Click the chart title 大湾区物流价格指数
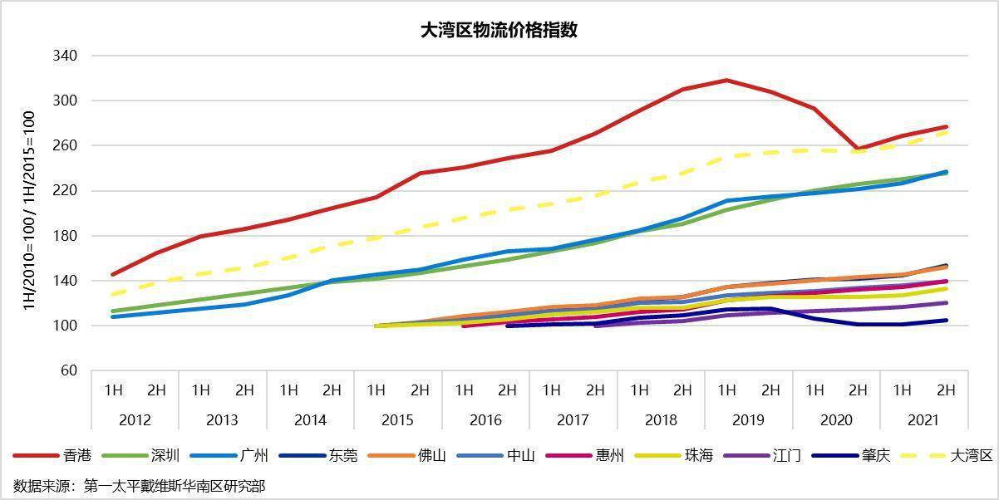[499, 31]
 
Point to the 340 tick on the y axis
[65, 56]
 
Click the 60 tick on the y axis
[68, 370]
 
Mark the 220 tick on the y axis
[65, 191]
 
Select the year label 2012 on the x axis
[135, 420]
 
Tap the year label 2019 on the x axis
[748, 420]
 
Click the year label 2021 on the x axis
[923, 420]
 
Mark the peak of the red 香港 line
[726, 80]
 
